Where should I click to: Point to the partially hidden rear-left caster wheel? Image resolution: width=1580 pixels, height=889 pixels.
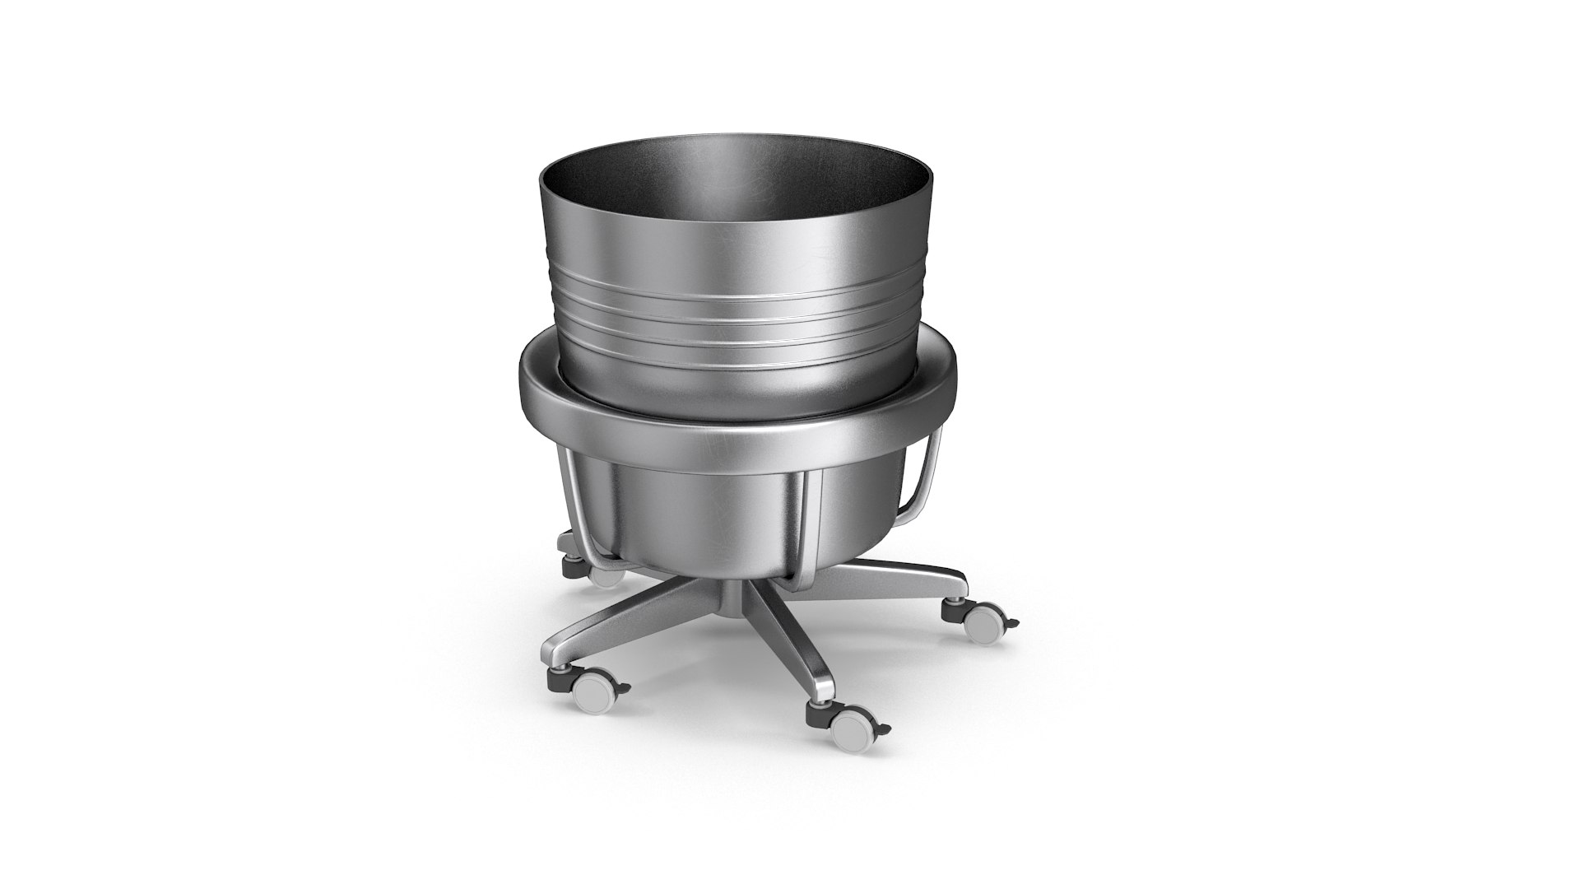coord(607,575)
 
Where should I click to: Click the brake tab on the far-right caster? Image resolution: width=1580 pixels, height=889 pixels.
coord(1012,623)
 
